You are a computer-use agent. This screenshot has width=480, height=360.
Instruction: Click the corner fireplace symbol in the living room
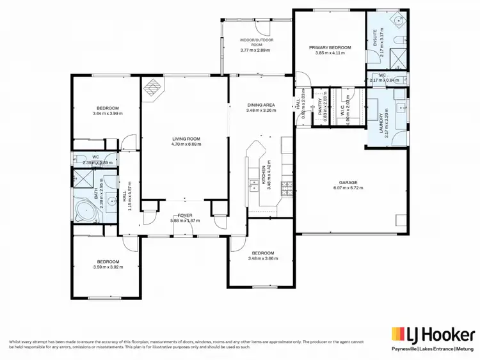152,88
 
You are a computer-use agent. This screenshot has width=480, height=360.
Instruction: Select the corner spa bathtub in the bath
84,211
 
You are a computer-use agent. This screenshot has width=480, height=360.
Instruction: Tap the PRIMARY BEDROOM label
330,47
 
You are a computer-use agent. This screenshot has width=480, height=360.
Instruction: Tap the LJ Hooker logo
433,334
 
